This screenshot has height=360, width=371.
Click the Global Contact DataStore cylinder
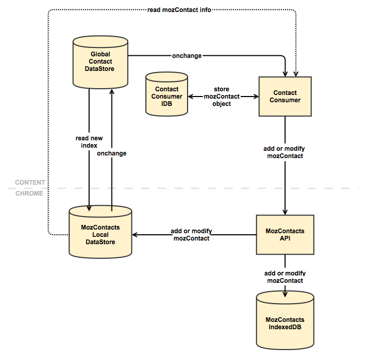coord(101,62)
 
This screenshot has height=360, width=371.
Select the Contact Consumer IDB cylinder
coord(167,94)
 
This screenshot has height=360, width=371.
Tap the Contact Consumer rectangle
coord(285,97)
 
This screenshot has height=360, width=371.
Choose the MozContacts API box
coord(285,235)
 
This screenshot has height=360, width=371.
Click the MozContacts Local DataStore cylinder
coord(101,232)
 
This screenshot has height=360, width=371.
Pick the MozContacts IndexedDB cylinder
coord(285,321)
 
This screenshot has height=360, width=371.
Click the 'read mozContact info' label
coord(179,10)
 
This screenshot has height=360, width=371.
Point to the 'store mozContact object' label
coord(221,97)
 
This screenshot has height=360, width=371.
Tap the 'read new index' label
coord(89,141)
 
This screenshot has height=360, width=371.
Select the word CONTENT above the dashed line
coord(30,183)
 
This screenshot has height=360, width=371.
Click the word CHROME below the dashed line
coord(29,194)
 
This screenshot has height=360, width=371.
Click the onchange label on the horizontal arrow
coord(187,56)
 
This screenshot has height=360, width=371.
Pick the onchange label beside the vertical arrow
coord(112,153)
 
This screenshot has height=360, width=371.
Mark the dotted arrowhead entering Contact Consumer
coord(296,74)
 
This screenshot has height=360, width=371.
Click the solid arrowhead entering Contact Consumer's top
coord(285,74)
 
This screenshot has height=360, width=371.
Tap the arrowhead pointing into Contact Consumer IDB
coord(191,97)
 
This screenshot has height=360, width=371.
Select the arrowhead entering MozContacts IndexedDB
coord(285,294)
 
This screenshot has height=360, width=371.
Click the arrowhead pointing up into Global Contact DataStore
coord(112,92)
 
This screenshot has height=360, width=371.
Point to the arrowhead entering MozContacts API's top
coord(285,212)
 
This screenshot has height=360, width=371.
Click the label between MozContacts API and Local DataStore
coord(191,235)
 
